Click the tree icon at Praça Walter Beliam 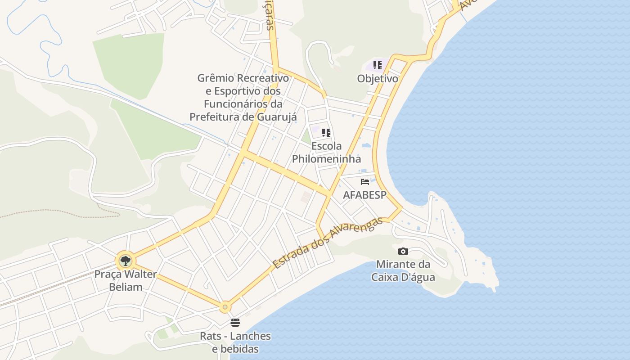pos(126,261)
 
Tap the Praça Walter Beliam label pos(126,280)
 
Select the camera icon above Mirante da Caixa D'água pos(403,251)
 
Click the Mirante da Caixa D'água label pos(403,270)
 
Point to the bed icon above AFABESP pos(365,182)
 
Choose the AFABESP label pos(365,195)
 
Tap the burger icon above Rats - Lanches pos(235,322)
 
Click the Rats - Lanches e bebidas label pos(235,342)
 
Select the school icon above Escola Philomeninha pos(326,133)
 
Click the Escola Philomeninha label pos(327,153)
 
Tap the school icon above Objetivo pos(378,65)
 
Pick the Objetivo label pos(378,79)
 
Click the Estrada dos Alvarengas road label pos(327,243)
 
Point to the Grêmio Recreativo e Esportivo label pos(243,98)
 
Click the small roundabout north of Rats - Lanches pos(225,307)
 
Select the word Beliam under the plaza pos(126,287)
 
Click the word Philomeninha pos(327,159)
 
